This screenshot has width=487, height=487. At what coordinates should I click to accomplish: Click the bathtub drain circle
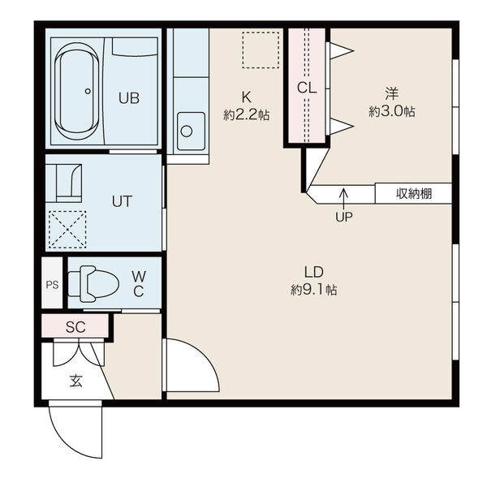88,91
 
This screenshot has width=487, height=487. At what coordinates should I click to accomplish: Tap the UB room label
129,98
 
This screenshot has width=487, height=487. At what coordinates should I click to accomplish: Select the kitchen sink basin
191,131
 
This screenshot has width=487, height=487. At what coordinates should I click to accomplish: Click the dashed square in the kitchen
261,50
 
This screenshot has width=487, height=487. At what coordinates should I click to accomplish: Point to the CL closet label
307,88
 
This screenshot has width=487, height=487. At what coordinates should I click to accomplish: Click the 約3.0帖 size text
392,111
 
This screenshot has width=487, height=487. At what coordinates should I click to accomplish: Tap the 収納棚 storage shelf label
414,193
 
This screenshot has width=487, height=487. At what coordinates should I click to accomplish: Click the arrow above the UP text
343,199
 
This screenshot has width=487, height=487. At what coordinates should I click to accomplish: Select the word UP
344,217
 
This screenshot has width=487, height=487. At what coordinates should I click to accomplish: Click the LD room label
313,272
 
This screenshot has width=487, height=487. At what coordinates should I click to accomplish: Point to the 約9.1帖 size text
313,290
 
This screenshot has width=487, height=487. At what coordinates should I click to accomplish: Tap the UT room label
122,201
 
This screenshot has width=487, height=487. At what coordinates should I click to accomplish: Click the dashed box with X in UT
67,230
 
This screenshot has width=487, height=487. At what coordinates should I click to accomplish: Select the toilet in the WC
93,284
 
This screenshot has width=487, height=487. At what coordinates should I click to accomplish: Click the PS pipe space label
52,285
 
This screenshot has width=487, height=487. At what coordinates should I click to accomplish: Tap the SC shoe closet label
75,327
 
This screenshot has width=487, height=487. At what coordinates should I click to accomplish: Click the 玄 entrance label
75,381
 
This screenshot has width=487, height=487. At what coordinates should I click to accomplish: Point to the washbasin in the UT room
69,183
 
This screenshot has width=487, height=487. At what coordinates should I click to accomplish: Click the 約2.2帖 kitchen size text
246,115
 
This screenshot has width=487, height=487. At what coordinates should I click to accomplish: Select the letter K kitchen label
246,97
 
